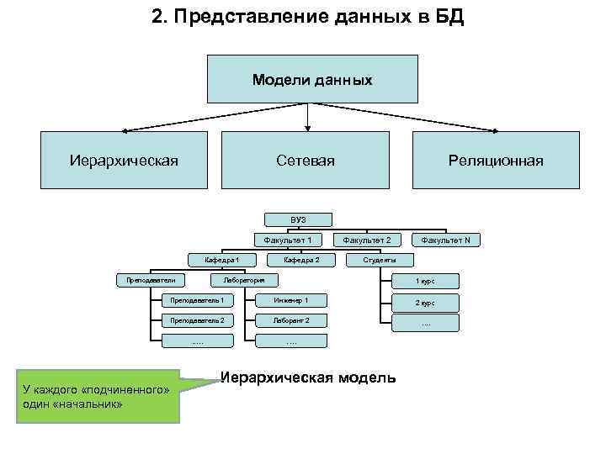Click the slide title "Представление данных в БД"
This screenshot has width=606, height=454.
point(307,18)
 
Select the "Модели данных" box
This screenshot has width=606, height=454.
point(311,80)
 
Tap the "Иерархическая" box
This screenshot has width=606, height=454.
point(124,160)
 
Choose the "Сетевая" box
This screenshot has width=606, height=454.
point(305,160)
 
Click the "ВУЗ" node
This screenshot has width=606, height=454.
point(298,219)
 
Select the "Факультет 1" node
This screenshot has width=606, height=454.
point(289,240)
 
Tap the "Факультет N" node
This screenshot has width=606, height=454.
point(445,240)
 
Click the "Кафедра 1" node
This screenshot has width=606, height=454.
point(222,260)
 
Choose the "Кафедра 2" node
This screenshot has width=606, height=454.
point(300,260)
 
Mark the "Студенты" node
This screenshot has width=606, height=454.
point(379,260)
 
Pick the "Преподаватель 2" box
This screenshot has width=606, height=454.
point(198,320)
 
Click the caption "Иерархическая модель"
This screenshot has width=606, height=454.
point(307,377)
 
